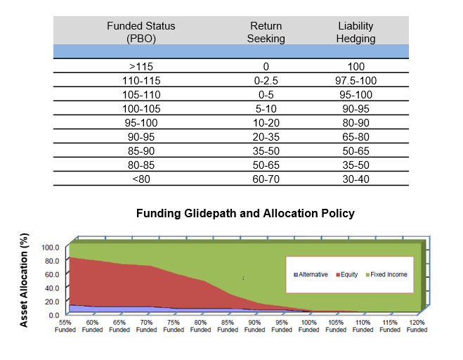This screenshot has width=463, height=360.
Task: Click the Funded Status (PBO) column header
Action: pos(141,32)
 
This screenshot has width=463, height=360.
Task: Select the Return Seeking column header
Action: pos(266,32)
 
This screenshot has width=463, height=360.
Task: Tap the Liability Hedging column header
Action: pos(356,32)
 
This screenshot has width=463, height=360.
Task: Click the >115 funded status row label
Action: pos(141,67)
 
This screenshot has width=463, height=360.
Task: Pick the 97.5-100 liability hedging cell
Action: pos(356,80)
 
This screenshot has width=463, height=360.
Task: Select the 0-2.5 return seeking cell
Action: pos(266,80)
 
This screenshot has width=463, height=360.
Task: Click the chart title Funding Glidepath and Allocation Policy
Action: pos(245,213)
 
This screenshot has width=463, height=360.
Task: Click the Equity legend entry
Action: pos(349,274)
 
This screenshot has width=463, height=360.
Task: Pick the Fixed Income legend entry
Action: pos(389,274)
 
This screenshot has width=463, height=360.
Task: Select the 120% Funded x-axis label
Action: pos(416,326)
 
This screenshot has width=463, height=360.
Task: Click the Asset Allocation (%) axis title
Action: pos(25,281)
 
